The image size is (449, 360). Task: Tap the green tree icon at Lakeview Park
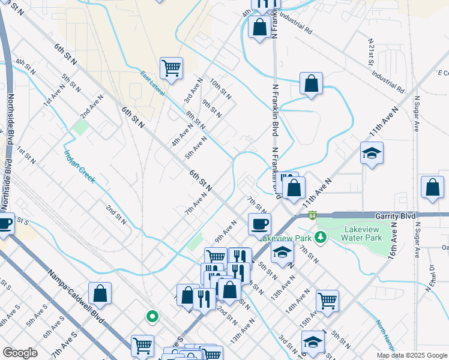coord(321,237)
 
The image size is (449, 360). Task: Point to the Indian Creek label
coord(79,166)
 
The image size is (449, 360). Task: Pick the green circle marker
coord(152,316)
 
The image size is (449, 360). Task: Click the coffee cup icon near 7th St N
coord(259,224)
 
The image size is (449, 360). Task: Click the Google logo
coord(20,352)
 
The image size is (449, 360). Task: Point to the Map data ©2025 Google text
coord(411,355)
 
